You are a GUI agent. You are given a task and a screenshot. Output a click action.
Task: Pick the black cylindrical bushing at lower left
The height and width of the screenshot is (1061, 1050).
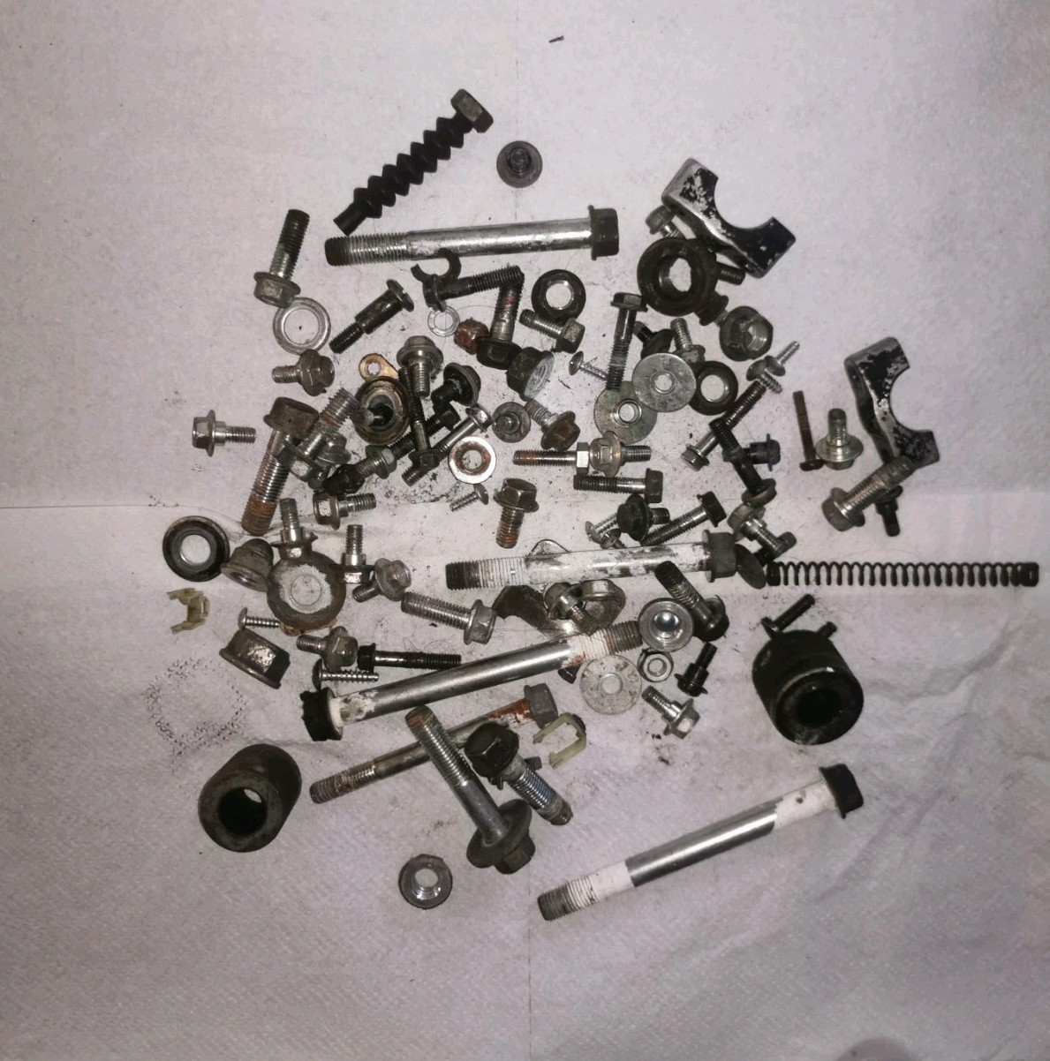(x=248, y=797)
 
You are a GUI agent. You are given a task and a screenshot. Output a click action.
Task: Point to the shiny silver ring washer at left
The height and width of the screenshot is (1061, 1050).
(x=300, y=327)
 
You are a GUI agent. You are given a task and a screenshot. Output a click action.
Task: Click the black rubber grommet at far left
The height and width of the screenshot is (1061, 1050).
(x=194, y=548)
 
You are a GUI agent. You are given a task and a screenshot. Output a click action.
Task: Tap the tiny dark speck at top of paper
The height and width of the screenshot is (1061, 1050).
(x=555, y=39)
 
